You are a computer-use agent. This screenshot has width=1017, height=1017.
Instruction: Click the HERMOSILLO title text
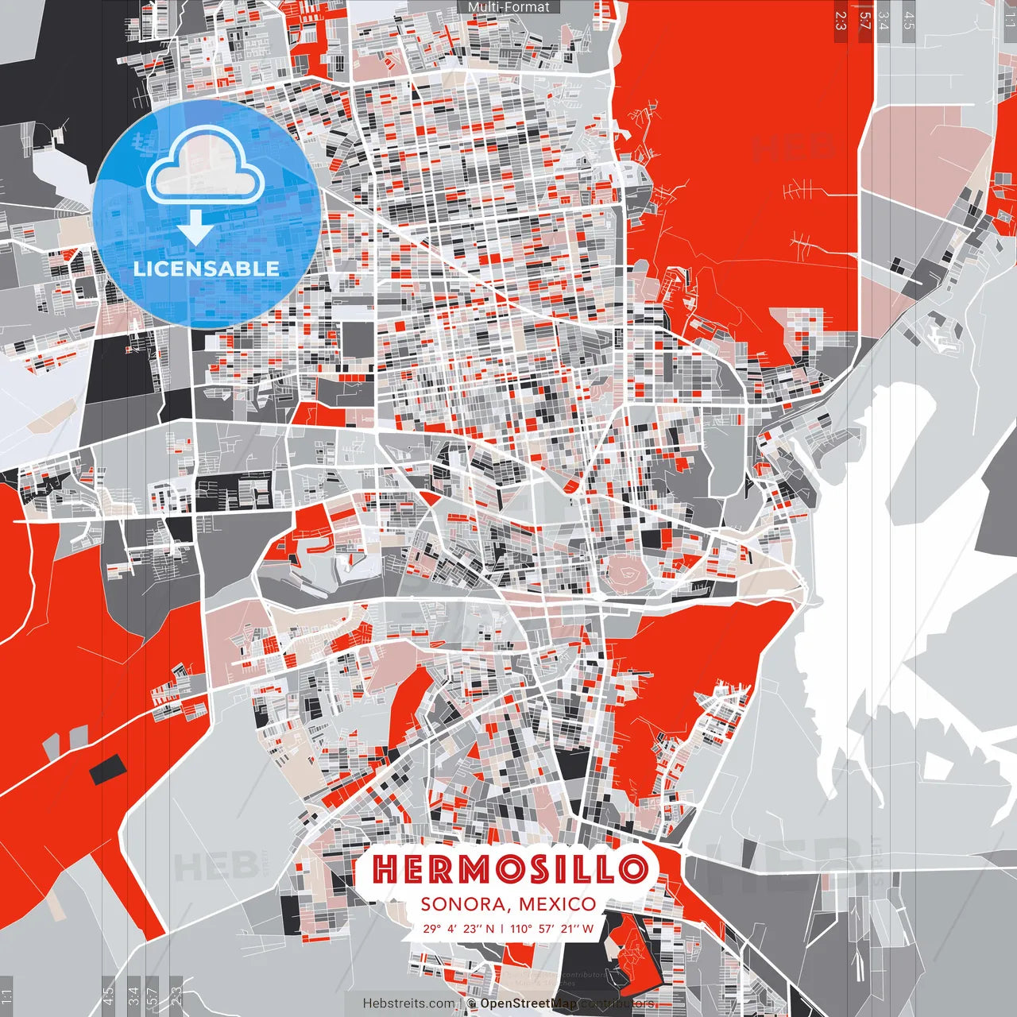(509, 868)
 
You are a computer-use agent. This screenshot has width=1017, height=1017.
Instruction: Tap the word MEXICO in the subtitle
(556, 904)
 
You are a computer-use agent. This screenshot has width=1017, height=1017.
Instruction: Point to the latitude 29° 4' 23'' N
(458, 928)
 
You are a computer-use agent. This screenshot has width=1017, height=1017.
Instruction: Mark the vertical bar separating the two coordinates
(501, 928)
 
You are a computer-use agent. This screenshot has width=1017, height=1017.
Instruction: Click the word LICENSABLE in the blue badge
(207, 269)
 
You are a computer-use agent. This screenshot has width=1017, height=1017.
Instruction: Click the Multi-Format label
(508, 7)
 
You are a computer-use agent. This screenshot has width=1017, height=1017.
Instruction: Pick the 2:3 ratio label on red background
(841, 21)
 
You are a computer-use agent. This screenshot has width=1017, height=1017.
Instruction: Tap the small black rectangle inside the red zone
(106, 769)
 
